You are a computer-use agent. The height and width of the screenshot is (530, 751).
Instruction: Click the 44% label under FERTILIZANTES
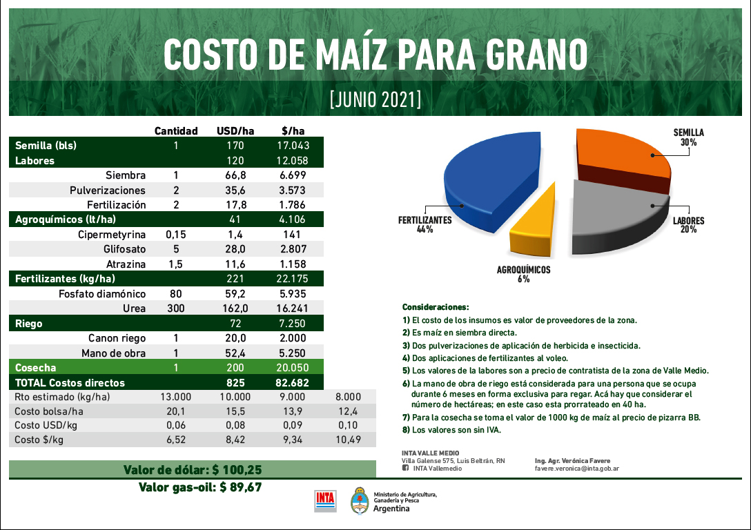pos(425,230)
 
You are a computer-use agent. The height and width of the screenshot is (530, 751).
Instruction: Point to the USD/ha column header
pos(236,131)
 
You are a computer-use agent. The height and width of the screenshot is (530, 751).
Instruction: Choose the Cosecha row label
pos(36,368)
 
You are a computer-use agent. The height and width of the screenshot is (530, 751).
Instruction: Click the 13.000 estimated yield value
pos(175,397)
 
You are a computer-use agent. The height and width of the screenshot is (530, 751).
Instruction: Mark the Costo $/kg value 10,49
pos(348,440)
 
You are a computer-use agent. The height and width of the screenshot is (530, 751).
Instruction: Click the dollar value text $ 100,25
pos(237,470)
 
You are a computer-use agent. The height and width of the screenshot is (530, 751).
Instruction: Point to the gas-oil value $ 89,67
pos(240,487)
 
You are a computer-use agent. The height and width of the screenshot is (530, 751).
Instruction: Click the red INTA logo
pos(325,500)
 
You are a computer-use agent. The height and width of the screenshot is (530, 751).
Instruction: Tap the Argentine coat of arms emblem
pos(358,500)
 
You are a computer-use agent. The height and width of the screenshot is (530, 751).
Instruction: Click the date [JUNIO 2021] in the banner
pos(375,99)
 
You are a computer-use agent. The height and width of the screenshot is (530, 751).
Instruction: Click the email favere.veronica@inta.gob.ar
pos(576,468)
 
